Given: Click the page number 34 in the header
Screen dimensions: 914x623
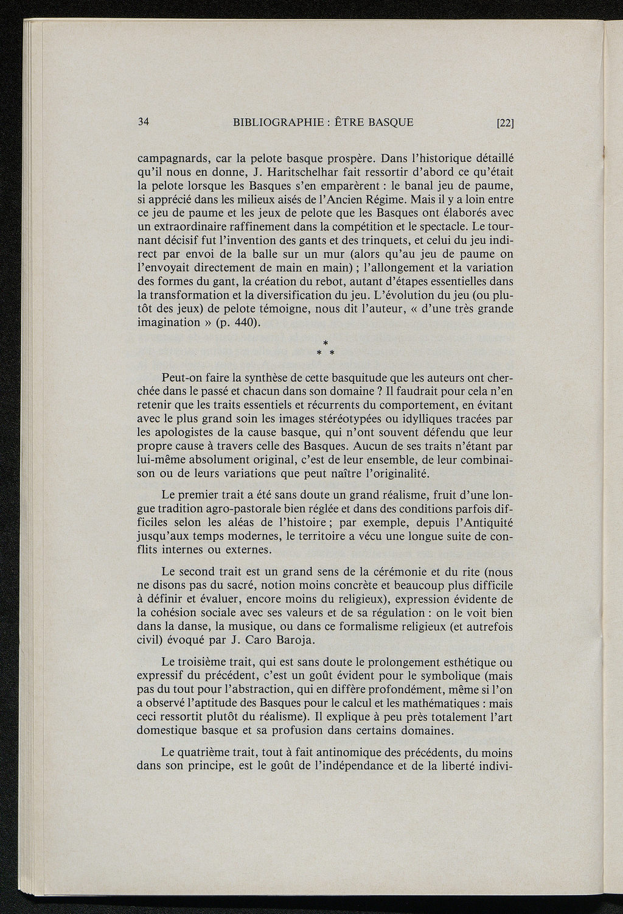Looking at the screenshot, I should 144,121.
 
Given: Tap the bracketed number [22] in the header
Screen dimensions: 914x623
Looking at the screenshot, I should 506,122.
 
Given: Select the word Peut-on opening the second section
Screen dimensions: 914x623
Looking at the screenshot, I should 182,377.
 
